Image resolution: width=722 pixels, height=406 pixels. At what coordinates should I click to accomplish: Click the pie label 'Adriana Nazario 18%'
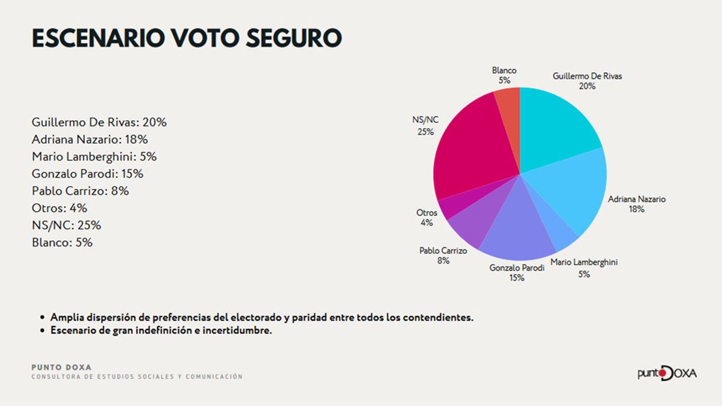pos(637,205)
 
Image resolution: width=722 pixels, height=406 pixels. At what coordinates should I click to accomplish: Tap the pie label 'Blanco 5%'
pos(504,75)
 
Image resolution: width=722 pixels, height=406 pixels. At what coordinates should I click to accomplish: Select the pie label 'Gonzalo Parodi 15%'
pos(517,273)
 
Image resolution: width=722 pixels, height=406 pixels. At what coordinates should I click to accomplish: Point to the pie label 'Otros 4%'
pos(427,218)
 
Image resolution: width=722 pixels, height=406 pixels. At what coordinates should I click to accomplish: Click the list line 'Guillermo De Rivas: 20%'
pos(99,122)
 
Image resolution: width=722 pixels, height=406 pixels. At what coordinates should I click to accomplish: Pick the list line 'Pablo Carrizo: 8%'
pos(80,191)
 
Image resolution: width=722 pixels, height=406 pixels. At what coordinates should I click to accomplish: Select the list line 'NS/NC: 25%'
pos(66,226)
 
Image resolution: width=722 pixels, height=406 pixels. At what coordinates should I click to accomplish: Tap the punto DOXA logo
pos(667,373)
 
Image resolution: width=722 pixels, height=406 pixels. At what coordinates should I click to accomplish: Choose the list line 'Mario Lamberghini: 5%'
pos(94,156)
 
